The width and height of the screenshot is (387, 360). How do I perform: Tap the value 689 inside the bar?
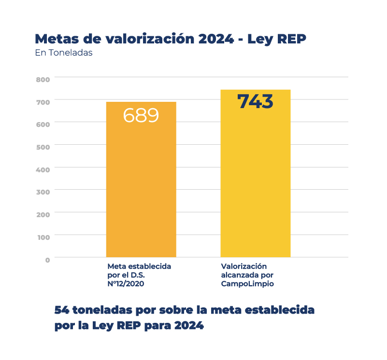[x=141, y=115]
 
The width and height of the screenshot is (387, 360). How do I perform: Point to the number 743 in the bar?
[x=255, y=101]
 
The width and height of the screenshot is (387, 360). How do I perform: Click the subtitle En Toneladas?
[x=63, y=53]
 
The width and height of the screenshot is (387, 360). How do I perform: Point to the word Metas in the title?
[x=53, y=39]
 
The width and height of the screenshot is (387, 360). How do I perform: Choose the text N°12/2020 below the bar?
[x=126, y=284]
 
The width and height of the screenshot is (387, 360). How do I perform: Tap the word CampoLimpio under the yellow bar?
[x=247, y=284]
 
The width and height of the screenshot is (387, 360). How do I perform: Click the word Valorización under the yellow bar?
[x=244, y=266]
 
